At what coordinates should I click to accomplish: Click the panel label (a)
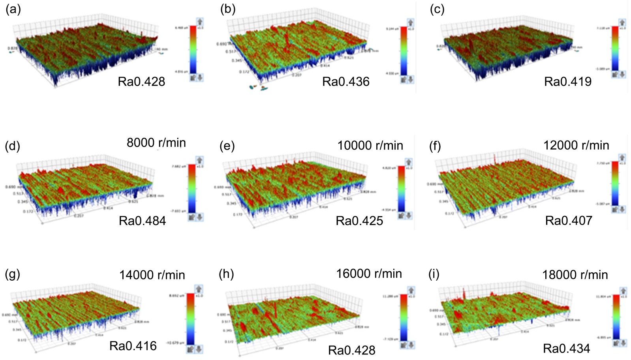(x=13, y=9)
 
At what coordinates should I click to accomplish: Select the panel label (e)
(x=227, y=146)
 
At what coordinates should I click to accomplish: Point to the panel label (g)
(x=13, y=274)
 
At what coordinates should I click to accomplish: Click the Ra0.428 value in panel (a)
(x=141, y=82)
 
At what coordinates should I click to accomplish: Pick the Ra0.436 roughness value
(x=346, y=82)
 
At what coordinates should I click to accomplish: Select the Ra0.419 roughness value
(x=568, y=82)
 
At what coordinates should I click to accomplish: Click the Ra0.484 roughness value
(x=142, y=221)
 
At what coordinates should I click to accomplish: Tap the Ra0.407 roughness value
(x=569, y=220)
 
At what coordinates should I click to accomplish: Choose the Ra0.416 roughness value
(x=133, y=346)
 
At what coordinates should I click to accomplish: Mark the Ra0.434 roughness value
(x=567, y=349)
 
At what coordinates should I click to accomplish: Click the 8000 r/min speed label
(x=156, y=142)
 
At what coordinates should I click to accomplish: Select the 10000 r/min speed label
(x=370, y=145)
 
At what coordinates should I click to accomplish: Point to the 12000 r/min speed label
(x=576, y=145)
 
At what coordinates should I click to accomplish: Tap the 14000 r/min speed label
(x=152, y=275)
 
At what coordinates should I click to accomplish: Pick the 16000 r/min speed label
(x=369, y=274)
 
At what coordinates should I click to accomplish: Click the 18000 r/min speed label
(x=575, y=275)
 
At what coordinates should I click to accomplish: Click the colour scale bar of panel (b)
(x=404, y=51)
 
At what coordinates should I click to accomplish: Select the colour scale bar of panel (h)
(x=404, y=317)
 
